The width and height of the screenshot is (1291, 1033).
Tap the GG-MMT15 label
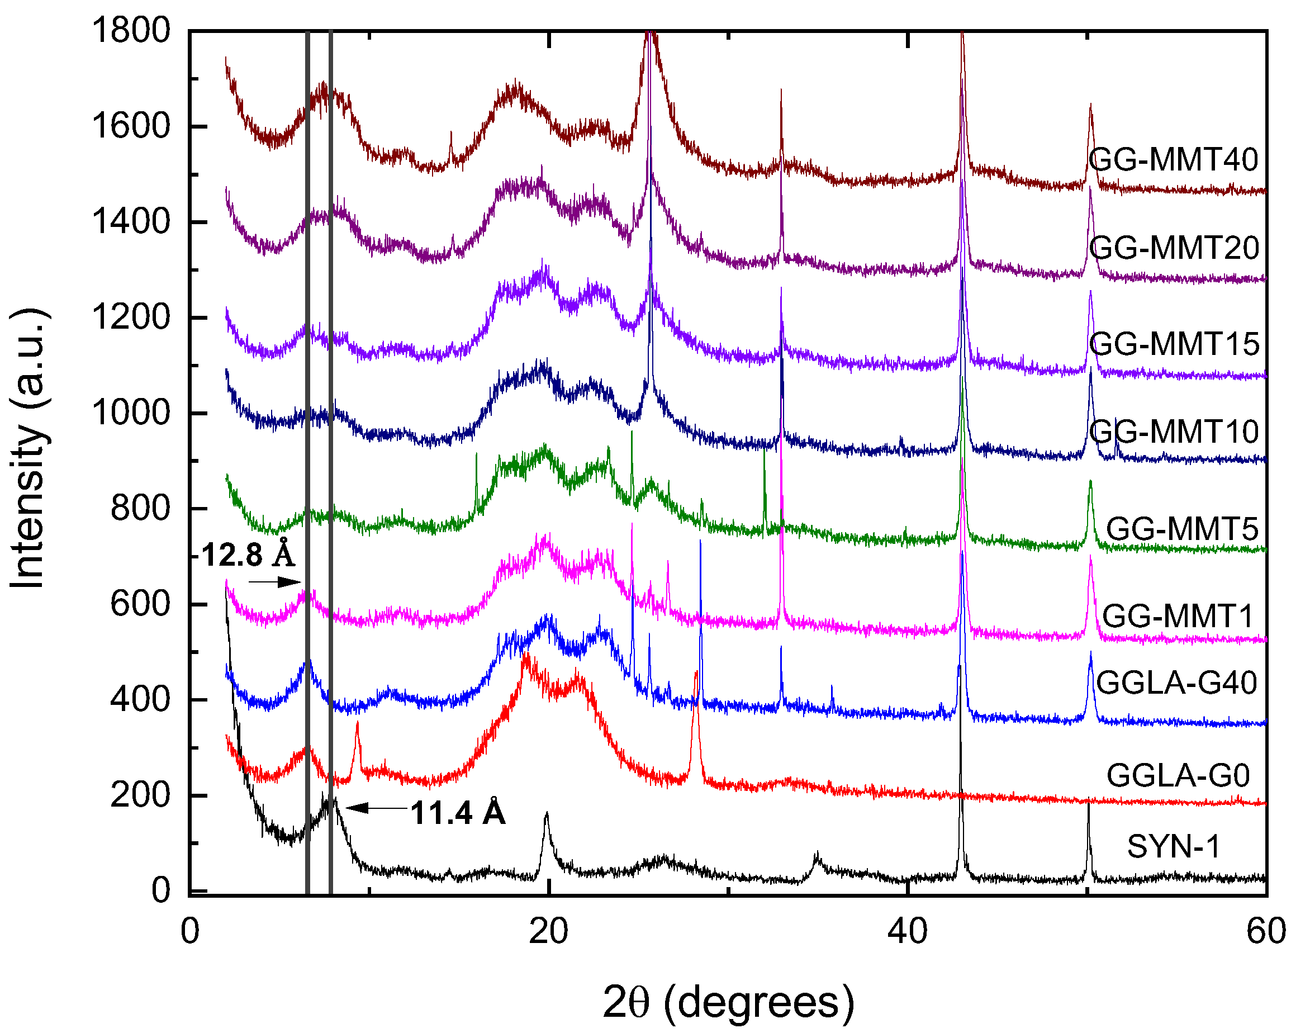(x=1174, y=344)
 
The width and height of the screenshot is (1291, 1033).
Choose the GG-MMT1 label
(x=1177, y=616)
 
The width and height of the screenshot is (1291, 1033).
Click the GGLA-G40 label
(x=1176, y=683)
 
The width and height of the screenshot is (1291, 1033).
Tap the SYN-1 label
(x=1173, y=847)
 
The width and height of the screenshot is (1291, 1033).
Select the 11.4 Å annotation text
(x=458, y=813)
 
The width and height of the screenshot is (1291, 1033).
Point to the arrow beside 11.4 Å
(x=377, y=808)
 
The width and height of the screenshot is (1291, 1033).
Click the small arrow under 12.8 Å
(x=275, y=582)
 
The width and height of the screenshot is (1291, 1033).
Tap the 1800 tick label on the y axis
(x=131, y=30)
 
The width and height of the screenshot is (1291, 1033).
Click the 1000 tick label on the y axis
(x=131, y=413)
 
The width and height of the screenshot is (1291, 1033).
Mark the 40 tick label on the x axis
(x=907, y=932)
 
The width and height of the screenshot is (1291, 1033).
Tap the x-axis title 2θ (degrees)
(x=728, y=1002)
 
